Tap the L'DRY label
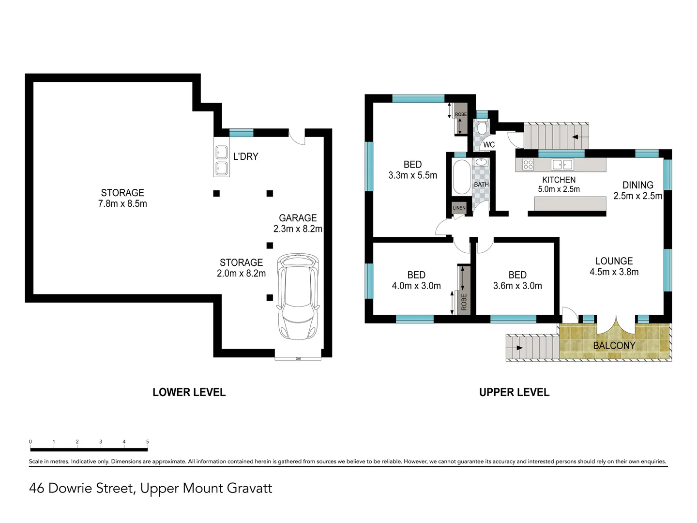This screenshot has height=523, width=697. click(x=245, y=156)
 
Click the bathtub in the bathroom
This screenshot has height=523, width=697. click(x=461, y=177)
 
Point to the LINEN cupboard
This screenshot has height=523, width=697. click(x=459, y=208)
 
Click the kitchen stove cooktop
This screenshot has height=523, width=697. click(x=528, y=165)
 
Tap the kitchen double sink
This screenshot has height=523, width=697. click(x=563, y=165)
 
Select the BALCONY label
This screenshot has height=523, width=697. click(x=614, y=345)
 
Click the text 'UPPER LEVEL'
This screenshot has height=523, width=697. click(x=514, y=392)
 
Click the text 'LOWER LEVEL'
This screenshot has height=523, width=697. click(x=189, y=392)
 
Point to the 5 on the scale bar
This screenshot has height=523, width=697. click(x=147, y=442)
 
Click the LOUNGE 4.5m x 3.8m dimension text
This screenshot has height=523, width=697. click(x=614, y=272)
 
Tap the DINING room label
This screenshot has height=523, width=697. click(x=637, y=185)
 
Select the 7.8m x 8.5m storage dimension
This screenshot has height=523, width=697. click(x=122, y=204)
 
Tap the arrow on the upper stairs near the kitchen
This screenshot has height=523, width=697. click(x=576, y=137)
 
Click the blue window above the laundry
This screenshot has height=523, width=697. click(x=241, y=133)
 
